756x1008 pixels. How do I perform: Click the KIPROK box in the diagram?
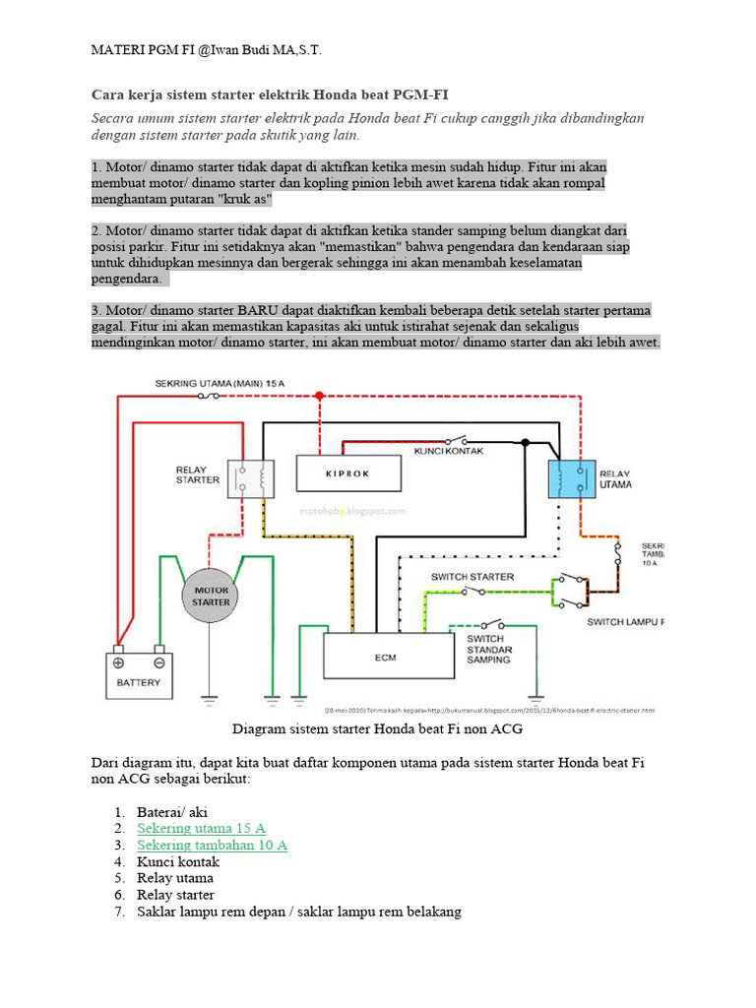[349, 472]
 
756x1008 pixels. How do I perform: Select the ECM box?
[385, 656]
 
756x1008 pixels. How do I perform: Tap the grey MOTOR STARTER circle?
[211, 596]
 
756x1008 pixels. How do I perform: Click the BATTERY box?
[138, 675]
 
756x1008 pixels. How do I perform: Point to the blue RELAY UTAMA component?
[573, 478]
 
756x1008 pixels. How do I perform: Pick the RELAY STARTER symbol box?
[252, 479]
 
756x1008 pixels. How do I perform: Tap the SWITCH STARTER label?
[472, 576]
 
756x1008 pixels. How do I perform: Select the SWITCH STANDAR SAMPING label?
[488, 649]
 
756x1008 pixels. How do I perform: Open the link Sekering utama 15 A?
[201, 828]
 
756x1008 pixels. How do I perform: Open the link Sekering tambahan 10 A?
[212, 845]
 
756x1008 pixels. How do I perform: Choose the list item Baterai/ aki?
[172, 812]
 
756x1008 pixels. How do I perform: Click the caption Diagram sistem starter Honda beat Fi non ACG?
[377, 729]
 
